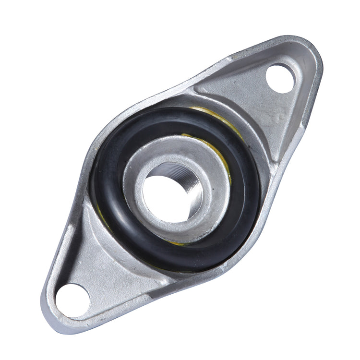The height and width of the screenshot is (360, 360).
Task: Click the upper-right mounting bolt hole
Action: click(280, 78)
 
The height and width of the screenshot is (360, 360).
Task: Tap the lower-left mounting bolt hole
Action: click(72, 300)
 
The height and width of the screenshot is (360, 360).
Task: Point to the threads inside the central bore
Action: click(192, 185)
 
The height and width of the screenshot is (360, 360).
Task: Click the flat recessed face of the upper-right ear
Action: click(250, 96)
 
